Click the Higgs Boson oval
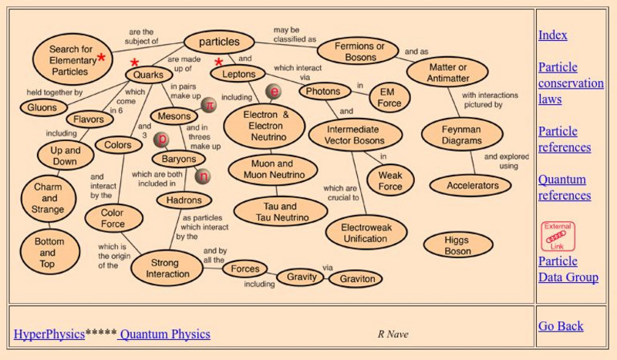point(457,245)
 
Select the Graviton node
point(356,278)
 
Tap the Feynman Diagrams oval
point(462,135)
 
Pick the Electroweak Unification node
point(365,233)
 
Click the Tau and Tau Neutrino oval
point(281,212)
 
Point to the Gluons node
point(42,108)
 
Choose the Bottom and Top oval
point(48,253)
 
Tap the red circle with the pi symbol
point(208,104)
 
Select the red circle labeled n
point(204,177)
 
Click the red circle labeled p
point(163,140)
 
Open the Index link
point(553,35)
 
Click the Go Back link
point(561,326)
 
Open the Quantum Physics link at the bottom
point(164,334)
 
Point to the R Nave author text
point(393,334)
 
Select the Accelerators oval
point(473,186)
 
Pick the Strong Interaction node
point(167,268)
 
